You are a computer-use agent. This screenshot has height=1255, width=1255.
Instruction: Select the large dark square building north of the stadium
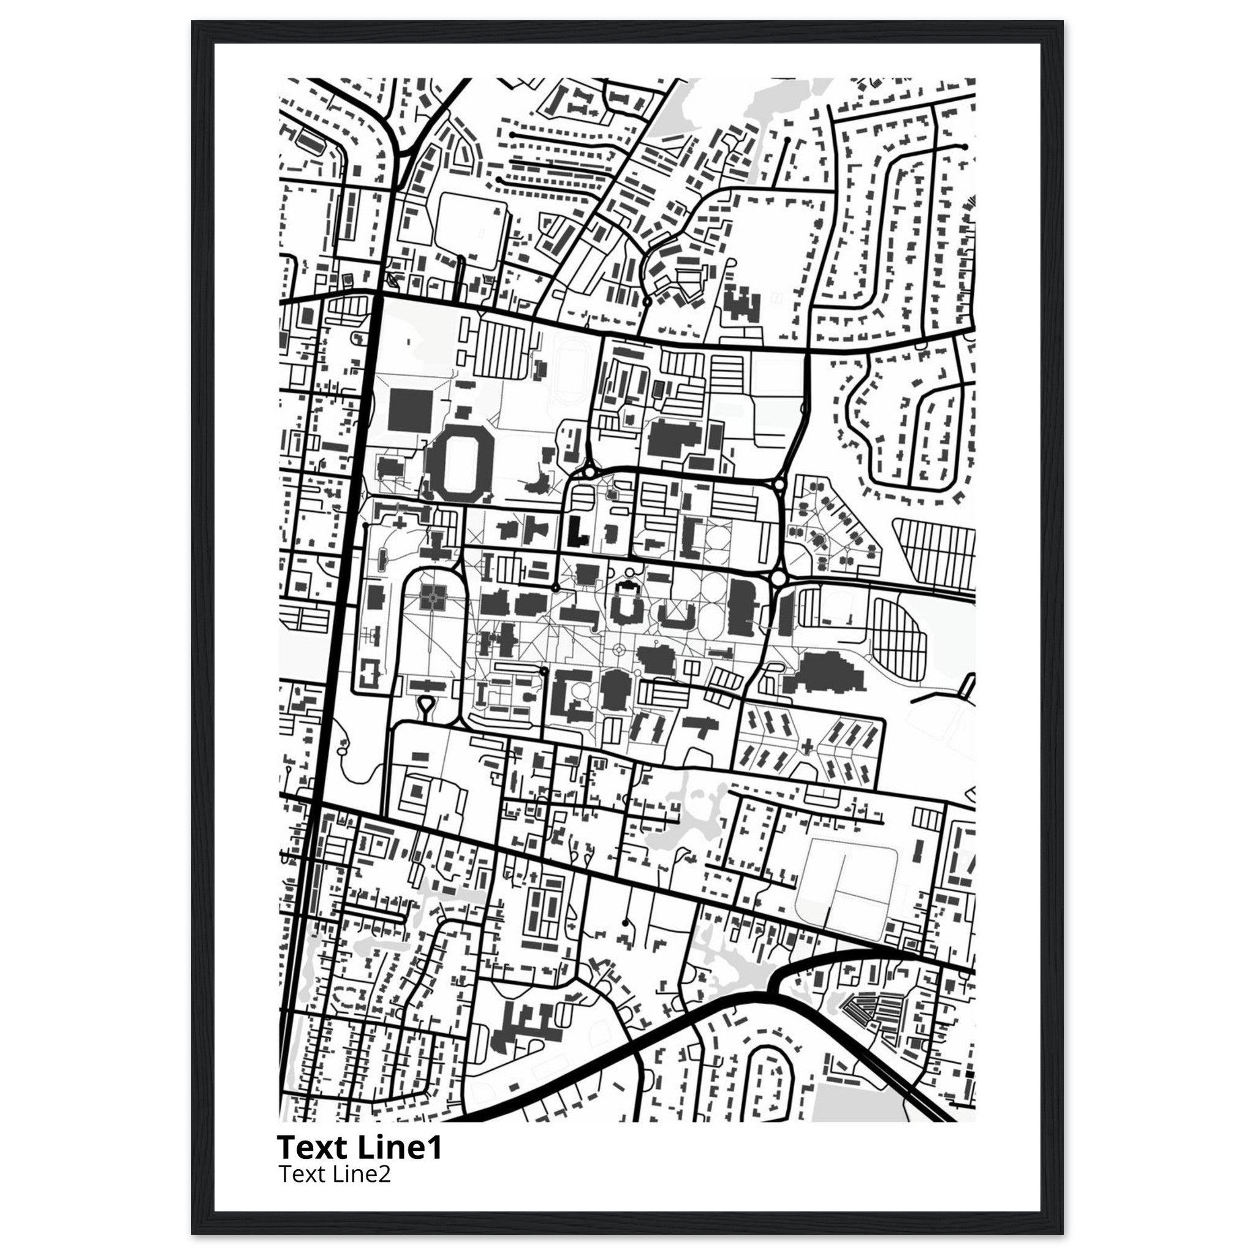click(409, 409)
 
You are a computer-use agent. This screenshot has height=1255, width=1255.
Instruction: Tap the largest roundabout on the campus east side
click(779, 577)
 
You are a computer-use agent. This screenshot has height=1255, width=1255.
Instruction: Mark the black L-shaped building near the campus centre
click(577, 531)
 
